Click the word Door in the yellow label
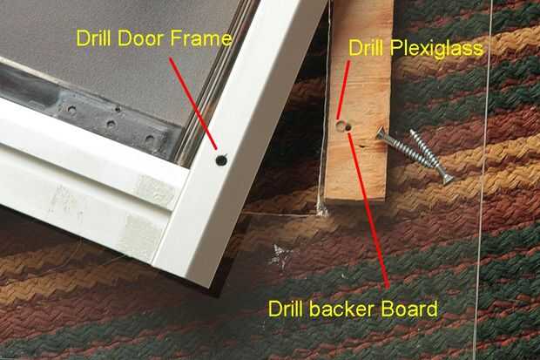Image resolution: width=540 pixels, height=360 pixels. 140,38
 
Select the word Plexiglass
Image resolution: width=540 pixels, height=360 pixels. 436,49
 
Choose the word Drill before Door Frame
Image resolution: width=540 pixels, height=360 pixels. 94,38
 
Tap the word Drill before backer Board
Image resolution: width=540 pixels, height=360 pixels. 286,309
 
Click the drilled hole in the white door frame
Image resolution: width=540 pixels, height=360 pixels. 221,160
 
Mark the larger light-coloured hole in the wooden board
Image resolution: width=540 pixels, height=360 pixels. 341,126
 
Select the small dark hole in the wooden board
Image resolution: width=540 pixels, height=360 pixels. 348,128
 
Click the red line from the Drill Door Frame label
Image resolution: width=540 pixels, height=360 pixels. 193,103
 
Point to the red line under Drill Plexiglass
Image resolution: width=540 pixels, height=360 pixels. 343,91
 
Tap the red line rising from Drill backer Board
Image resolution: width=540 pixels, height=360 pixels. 368,210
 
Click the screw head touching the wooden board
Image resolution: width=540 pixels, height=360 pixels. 381,133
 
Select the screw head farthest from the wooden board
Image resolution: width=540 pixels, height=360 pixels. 447,179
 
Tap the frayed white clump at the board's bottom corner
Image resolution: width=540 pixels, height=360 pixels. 322,209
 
